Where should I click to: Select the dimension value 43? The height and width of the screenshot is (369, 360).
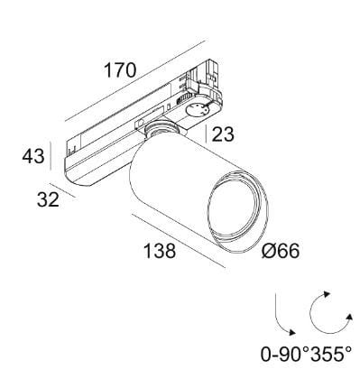[34, 157]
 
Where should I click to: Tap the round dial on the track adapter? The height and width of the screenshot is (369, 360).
[197, 110]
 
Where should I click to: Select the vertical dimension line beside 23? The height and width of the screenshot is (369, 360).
[208, 134]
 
